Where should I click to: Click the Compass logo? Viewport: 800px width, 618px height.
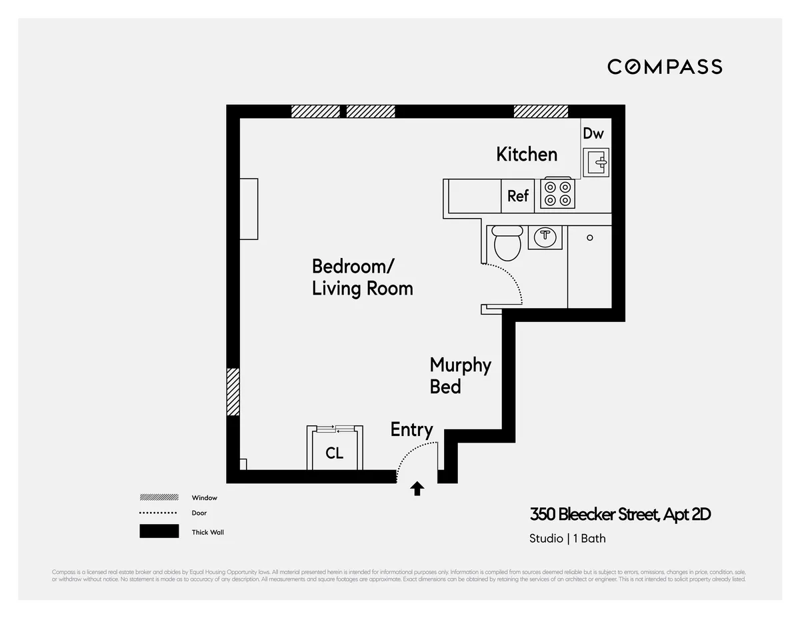665,67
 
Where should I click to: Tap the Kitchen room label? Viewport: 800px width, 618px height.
527,154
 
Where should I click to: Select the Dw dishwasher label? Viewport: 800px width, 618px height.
593,133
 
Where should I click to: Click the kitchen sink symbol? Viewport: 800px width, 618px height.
596,162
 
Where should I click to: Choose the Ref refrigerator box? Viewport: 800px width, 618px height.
518,196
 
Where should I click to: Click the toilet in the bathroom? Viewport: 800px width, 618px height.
507,243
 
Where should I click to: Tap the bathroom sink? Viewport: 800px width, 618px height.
545,236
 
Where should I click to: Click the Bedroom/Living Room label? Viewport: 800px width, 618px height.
362,277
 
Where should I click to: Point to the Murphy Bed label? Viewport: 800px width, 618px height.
460,375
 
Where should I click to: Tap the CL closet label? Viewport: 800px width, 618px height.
335,453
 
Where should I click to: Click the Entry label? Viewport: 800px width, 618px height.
411,430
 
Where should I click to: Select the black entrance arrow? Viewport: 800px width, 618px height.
417,489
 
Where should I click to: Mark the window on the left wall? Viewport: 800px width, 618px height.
233,392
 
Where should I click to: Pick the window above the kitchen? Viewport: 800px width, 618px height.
541,111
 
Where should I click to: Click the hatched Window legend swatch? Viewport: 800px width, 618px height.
159,497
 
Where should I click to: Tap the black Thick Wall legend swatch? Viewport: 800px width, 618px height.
159,531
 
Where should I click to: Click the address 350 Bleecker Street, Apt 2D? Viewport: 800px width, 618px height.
620,515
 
